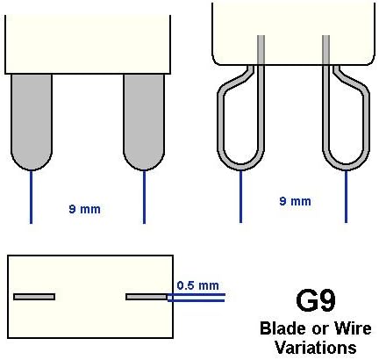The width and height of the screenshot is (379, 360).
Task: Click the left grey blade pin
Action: [32, 121]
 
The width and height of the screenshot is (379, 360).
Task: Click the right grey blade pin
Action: [144, 121]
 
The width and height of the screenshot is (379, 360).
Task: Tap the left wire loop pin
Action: [218, 123]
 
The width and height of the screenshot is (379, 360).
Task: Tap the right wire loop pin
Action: [368, 123]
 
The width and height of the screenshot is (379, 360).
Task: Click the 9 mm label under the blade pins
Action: [84, 209]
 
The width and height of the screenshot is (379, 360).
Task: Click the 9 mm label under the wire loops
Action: [295, 201]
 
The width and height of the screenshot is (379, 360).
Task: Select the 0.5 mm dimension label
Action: [198, 285]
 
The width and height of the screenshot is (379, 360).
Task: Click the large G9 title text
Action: [316, 300]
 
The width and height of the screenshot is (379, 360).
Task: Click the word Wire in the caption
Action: [353, 328]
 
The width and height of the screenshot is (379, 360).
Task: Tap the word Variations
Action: [316, 348]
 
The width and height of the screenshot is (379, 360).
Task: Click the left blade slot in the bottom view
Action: [34, 297]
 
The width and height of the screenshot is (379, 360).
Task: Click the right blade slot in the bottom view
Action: [147, 297]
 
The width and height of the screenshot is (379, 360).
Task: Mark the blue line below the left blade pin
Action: [32, 197]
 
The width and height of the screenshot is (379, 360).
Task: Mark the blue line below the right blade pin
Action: [144, 197]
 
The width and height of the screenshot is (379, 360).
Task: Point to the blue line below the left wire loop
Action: [240, 197]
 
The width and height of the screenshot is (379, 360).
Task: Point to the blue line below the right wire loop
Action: [347, 197]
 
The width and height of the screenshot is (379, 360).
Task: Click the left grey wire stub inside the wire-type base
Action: [261, 50]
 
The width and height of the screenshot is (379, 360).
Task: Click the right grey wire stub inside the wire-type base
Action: [326, 50]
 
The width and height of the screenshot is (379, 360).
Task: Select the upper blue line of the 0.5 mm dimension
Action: [196, 294]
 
